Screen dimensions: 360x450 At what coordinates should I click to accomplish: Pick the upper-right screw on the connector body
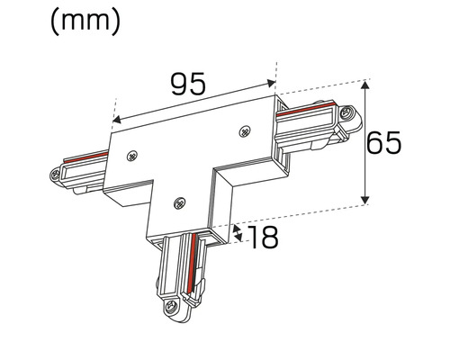point(244,131)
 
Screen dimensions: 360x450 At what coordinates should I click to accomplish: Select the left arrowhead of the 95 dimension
point(114,118)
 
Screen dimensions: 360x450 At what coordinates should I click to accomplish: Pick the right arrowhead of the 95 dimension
point(274,79)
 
